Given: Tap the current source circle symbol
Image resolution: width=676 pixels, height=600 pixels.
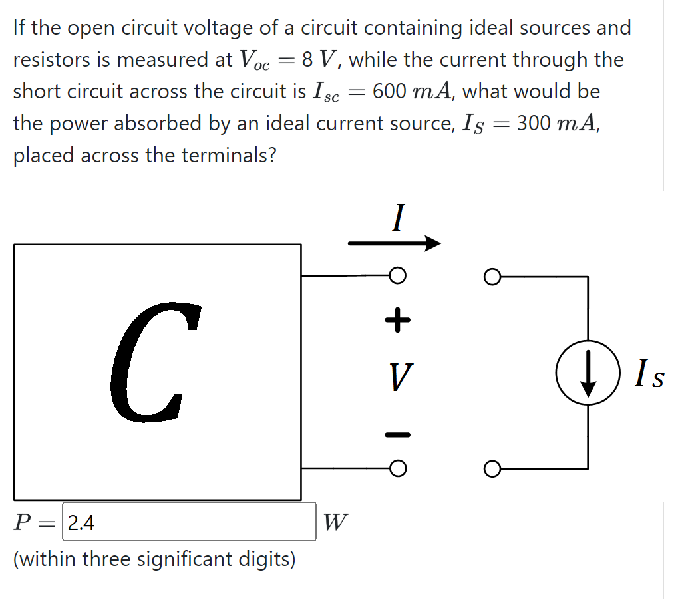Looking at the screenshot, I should (587, 373).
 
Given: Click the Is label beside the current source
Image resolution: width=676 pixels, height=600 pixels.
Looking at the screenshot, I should (648, 375).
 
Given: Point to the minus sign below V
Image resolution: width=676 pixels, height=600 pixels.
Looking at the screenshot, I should (397, 435).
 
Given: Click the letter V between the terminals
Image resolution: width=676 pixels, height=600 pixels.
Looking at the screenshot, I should (398, 378).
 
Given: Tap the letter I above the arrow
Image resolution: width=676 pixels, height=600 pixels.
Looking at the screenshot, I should (397, 218).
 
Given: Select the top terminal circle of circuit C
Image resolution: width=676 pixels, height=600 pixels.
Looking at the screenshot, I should (397, 275).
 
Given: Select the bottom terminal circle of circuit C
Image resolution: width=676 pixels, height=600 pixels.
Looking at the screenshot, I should (397, 468).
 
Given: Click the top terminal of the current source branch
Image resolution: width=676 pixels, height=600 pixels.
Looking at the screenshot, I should (492, 275).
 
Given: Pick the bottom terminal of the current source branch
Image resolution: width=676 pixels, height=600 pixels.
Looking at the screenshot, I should (492, 468).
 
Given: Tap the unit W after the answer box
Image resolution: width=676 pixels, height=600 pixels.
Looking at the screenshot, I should (335, 523).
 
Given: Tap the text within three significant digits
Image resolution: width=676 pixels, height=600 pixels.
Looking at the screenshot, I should (154, 559).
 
